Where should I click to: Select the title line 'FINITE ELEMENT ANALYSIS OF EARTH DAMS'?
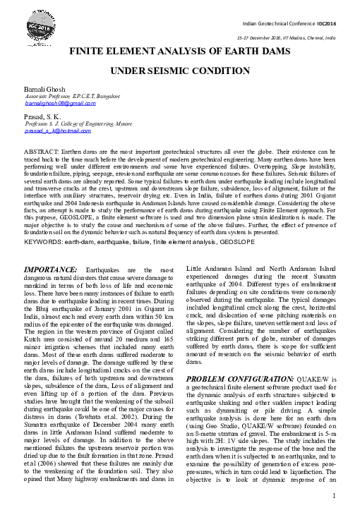[180, 53]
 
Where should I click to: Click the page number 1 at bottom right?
[331, 496]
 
